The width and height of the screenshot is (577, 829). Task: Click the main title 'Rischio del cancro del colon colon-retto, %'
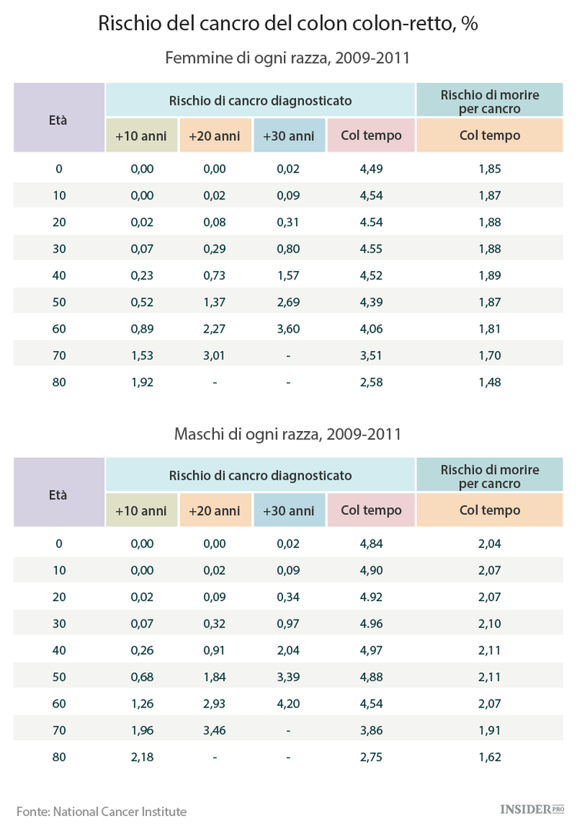288,23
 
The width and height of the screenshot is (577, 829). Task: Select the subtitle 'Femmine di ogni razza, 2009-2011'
288,58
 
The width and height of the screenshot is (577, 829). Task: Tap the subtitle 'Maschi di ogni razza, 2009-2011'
288,434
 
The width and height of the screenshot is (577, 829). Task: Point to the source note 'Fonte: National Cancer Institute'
102,811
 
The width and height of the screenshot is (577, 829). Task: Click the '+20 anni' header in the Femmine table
215,136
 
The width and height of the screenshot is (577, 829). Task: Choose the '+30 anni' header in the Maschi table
288,511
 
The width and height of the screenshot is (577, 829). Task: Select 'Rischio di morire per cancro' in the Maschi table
489,476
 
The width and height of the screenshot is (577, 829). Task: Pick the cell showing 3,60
288,329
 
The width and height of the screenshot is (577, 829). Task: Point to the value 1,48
489,382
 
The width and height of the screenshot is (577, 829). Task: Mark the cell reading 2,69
288,302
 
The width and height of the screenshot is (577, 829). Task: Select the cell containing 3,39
288,677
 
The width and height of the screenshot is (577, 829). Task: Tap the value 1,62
489,757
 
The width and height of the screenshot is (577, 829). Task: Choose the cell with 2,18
142,757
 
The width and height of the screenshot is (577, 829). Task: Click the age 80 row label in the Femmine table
58,382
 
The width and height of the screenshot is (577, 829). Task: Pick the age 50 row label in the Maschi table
58,677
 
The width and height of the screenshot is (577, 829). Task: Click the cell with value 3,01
215,355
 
